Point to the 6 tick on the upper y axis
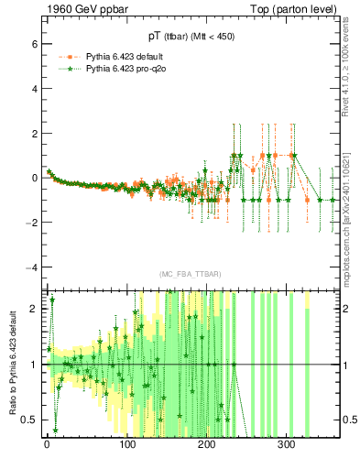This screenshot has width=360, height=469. (x=36, y=44)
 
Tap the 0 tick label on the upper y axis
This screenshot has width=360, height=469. (x=36, y=178)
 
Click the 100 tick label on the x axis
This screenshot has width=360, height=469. (x=126, y=444)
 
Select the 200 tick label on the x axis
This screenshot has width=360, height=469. (x=206, y=444)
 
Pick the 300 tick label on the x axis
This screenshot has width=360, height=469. (x=286, y=444)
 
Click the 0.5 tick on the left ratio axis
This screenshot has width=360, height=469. (x=31, y=420)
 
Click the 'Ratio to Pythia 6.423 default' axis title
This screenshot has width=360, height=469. (x=12, y=361)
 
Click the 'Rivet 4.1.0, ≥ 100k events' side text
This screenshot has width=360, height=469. (x=352, y=73)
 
